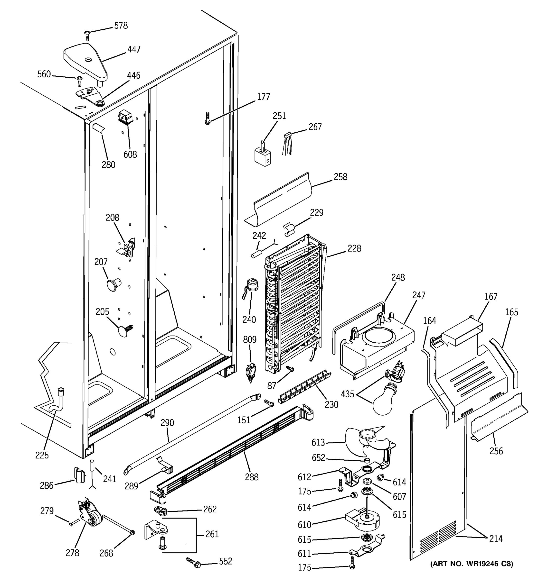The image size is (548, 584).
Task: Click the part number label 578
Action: click(121, 26)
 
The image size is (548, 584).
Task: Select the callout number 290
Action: click(167, 423)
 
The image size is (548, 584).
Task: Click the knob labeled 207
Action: click(113, 284)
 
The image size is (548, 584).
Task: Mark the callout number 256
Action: click(496, 451)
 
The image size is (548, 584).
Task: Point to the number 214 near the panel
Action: click(496, 539)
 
